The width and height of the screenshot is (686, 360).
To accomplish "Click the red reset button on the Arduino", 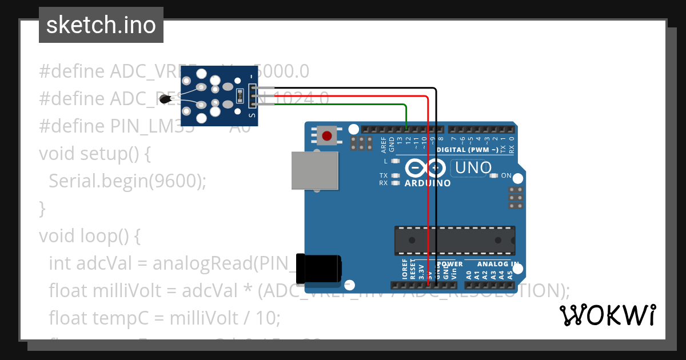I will [326, 136].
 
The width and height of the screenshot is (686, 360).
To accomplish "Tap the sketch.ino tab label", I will [101, 25].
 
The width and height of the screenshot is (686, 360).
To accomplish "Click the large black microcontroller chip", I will [454, 240].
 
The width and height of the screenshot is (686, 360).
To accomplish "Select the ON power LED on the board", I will [494, 176].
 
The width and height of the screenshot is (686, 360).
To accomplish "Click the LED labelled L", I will [395, 161].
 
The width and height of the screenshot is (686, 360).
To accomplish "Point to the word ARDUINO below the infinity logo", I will [428, 183].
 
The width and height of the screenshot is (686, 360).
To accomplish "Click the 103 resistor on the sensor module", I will [239, 97].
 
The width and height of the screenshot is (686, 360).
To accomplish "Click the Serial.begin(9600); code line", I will [127, 181].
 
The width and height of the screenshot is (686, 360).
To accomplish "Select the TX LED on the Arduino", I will [395, 175].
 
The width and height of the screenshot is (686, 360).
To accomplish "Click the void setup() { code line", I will [94, 154].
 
